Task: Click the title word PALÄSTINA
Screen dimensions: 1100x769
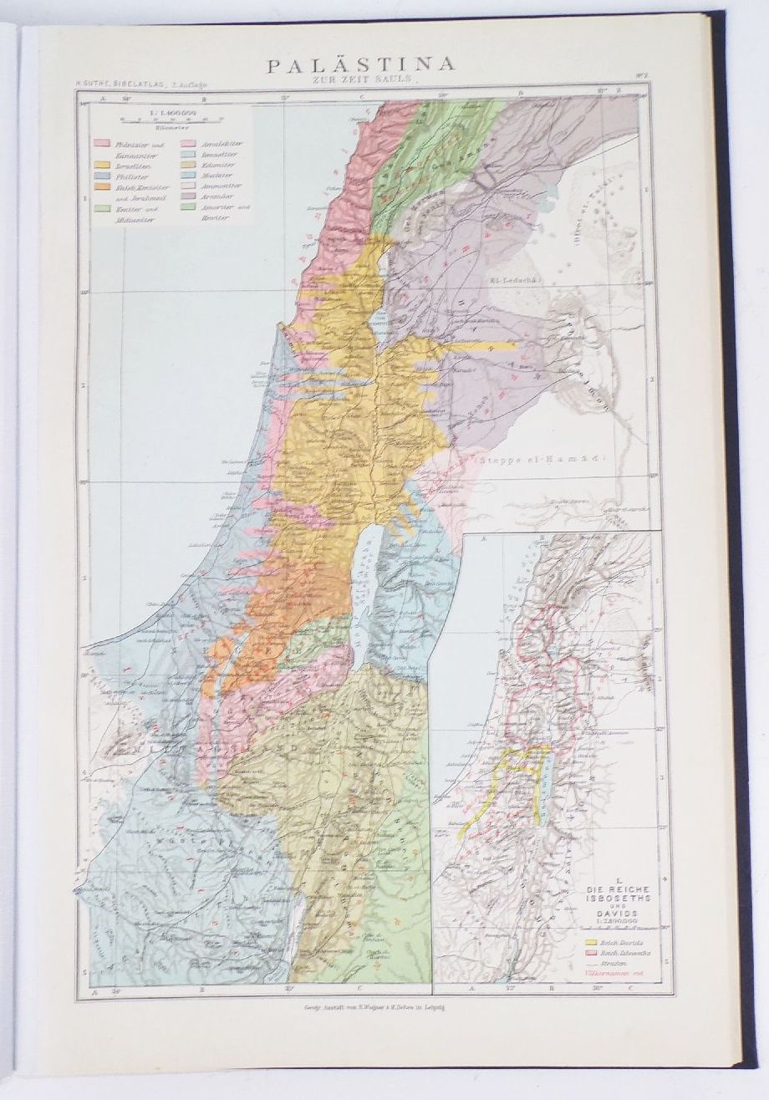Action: (360, 64)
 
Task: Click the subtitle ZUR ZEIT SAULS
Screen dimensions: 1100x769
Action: (360, 79)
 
